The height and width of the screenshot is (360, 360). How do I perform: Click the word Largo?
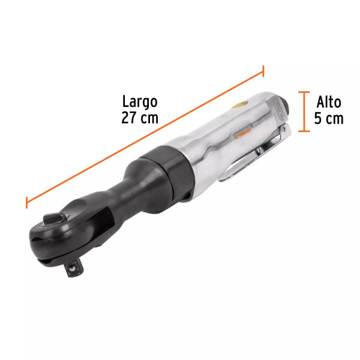coord(139,101)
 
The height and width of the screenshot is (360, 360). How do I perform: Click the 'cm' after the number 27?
coord(149,118)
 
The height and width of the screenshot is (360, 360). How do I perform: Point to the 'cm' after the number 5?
coord(335,118)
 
